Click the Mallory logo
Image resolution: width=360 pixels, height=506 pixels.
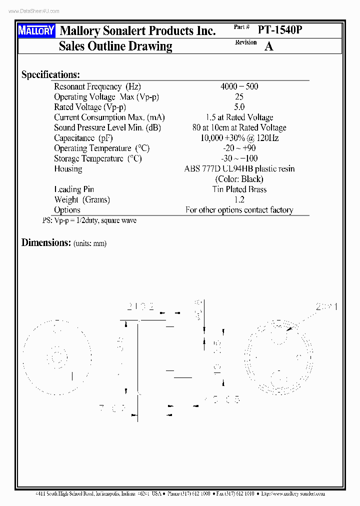pos(36,31)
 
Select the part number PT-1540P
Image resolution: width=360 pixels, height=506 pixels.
pos(280,30)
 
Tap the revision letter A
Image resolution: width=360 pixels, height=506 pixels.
pos(269,46)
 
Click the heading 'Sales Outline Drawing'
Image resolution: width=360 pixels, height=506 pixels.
pos(115,46)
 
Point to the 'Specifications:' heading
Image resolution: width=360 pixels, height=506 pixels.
pos(50,74)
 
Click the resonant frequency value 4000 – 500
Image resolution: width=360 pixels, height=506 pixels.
pos(239,86)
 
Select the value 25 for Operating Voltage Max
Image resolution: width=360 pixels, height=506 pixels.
pos(239,97)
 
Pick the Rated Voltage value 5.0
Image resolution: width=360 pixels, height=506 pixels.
pos(239,107)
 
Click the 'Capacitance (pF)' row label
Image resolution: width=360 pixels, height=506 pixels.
pos(83,138)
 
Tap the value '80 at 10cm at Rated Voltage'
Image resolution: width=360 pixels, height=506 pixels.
pos(239,127)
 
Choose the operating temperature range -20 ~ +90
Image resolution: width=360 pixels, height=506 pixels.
pos(239,148)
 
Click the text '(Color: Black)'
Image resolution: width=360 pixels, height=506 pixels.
pos(239,179)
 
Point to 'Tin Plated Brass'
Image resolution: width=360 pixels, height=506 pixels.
pos(239,189)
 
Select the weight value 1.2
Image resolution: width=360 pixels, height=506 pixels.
pos(239,199)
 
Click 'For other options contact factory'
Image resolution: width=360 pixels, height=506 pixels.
pos(239,210)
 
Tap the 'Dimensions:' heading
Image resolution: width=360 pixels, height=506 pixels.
pos(46,242)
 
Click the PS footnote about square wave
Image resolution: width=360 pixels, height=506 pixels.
pos(89,220)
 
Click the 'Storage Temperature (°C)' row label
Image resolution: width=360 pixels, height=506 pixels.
pos(98,158)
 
